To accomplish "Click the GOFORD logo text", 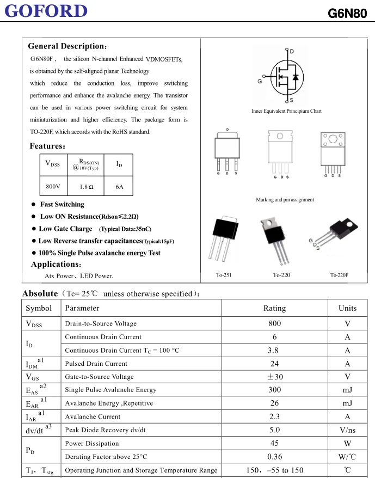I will [47, 11].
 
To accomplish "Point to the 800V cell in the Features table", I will [53, 187].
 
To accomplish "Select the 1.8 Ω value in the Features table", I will [87, 187].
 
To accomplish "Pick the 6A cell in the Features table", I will [120, 187].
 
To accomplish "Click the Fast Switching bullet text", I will [62, 205].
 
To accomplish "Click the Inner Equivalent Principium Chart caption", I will [286, 111].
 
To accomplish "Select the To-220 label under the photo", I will [281, 275].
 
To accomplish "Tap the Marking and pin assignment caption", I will [285, 200].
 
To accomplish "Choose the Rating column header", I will [274, 308].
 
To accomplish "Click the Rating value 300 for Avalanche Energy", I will [274, 390].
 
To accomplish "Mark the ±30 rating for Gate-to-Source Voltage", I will [274, 377].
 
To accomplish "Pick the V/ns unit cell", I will [347, 430].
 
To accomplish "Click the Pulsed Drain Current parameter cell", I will [97, 364].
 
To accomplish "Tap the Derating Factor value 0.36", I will [274, 457].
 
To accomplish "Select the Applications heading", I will [56, 265].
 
